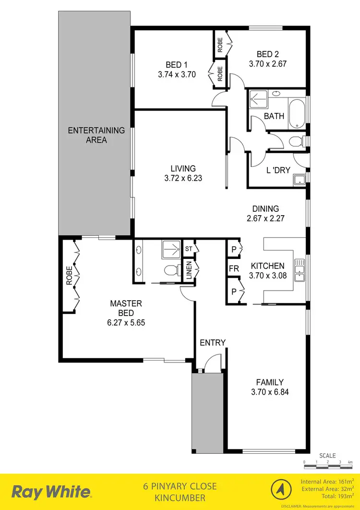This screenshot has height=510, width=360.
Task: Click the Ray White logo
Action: (x=51, y=492)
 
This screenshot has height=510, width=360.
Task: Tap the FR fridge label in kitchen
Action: (x=234, y=269)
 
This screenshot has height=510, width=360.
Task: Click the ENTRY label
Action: (x=213, y=342)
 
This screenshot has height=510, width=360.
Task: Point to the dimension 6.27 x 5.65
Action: (x=126, y=322)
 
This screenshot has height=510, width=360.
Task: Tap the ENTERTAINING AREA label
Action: (x=89, y=135)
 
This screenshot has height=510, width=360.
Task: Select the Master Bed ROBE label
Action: (x=69, y=276)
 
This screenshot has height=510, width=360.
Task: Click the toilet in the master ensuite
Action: (x=169, y=270)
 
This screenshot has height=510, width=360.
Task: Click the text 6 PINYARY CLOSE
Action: (x=180, y=486)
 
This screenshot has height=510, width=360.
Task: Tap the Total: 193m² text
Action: (x=329, y=496)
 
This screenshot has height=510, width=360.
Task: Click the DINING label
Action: (x=265, y=208)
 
